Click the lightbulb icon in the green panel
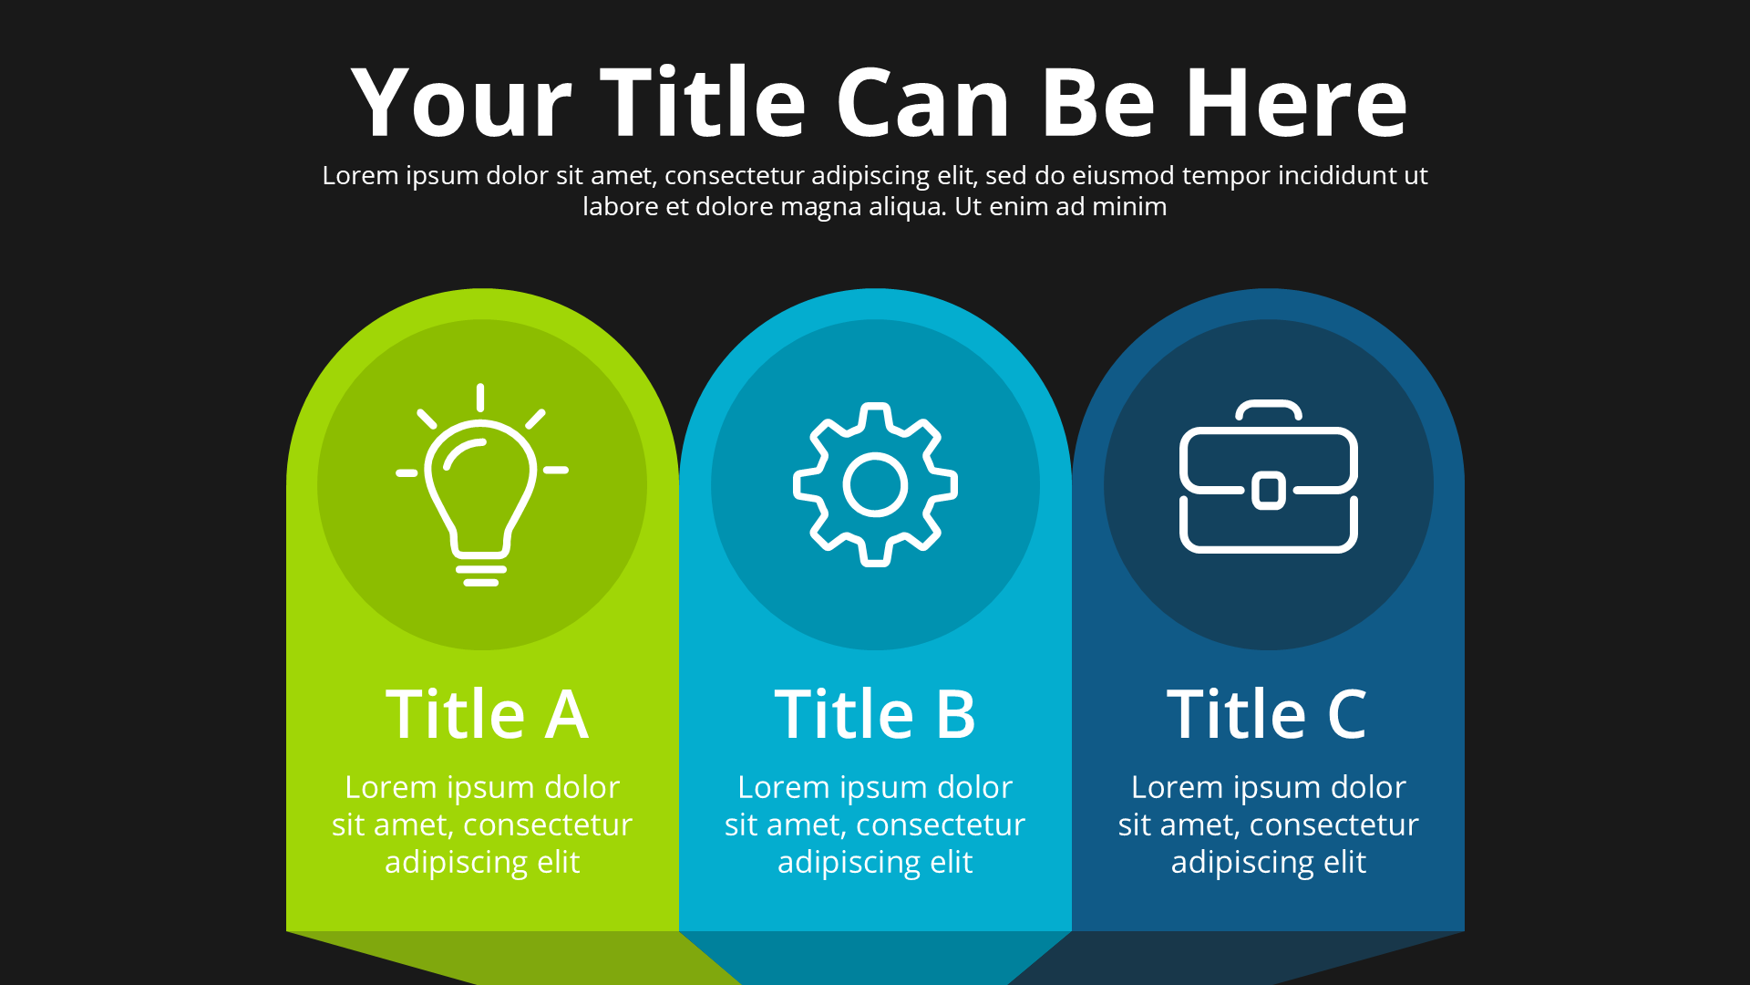click(x=481, y=484)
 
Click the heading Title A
click(x=487, y=713)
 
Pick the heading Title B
click(x=875, y=713)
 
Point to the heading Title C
click(x=1267, y=713)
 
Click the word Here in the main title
click(x=1297, y=102)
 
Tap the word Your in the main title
click(x=461, y=102)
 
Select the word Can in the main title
click(x=923, y=102)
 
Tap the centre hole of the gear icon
click(x=875, y=485)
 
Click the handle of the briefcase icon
click(x=1269, y=409)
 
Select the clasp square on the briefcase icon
click(x=1269, y=491)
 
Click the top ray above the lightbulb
click(x=480, y=397)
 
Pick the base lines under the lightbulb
click(x=481, y=575)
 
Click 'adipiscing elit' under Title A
click(x=482, y=862)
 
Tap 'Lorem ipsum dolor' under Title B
click(x=875, y=787)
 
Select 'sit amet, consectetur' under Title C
click(x=1269, y=824)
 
